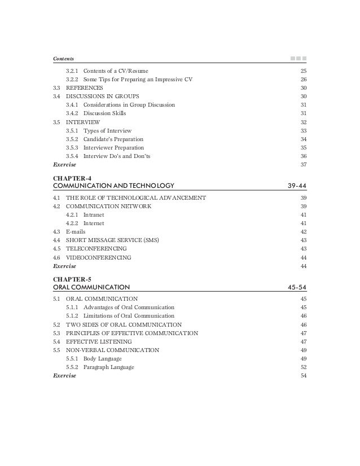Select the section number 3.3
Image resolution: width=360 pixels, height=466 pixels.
coord(56,89)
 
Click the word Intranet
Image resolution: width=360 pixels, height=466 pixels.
coord(93,215)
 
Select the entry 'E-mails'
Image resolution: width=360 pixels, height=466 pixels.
coord(76,232)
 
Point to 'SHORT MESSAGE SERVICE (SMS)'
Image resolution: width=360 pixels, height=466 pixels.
coord(113,240)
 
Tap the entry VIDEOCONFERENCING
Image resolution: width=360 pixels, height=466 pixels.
coord(99,257)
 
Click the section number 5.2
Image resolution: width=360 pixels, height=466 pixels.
coord(56,325)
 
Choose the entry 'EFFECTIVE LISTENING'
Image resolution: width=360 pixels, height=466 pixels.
coord(99,342)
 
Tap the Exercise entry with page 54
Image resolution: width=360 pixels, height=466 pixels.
coord(64,376)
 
